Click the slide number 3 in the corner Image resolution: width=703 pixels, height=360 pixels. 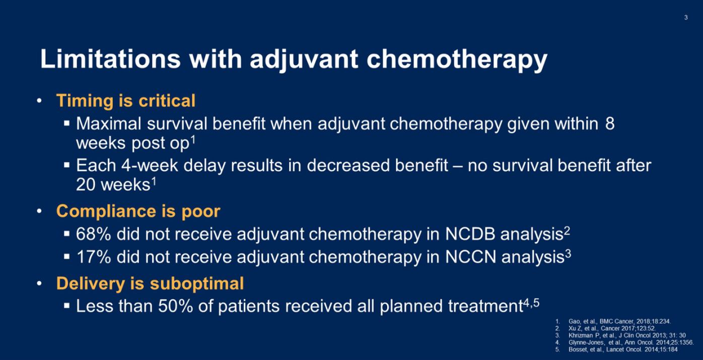click(x=686, y=18)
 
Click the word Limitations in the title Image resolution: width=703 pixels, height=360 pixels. click(x=110, y=59)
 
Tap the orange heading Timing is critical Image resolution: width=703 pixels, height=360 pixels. click(x=126, y=101)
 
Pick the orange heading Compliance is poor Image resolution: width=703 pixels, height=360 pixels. click(x=138, y=211)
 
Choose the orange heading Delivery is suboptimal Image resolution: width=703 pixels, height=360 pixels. click(x=150, y=283)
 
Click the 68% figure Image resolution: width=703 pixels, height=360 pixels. click(x=94, y=234)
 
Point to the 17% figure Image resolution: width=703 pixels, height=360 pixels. click(x=94, y=257)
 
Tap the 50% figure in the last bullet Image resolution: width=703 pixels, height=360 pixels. click(x=175, y=306)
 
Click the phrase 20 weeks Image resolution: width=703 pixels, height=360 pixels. click(x=113, y=185)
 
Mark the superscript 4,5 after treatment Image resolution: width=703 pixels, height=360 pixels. click(x=531, y=303)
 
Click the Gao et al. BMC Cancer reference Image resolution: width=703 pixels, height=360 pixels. click(x=619, y=321)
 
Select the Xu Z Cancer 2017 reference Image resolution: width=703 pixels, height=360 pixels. click(x=612, y=328)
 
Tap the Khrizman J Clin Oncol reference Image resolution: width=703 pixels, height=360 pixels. click(x=627, y=335)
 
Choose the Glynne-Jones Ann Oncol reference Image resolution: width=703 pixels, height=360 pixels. click(x=631, y=342)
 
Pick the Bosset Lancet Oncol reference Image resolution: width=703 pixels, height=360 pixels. click(x=623, y=349)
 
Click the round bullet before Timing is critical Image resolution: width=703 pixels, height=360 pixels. click(x=39, y=101)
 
